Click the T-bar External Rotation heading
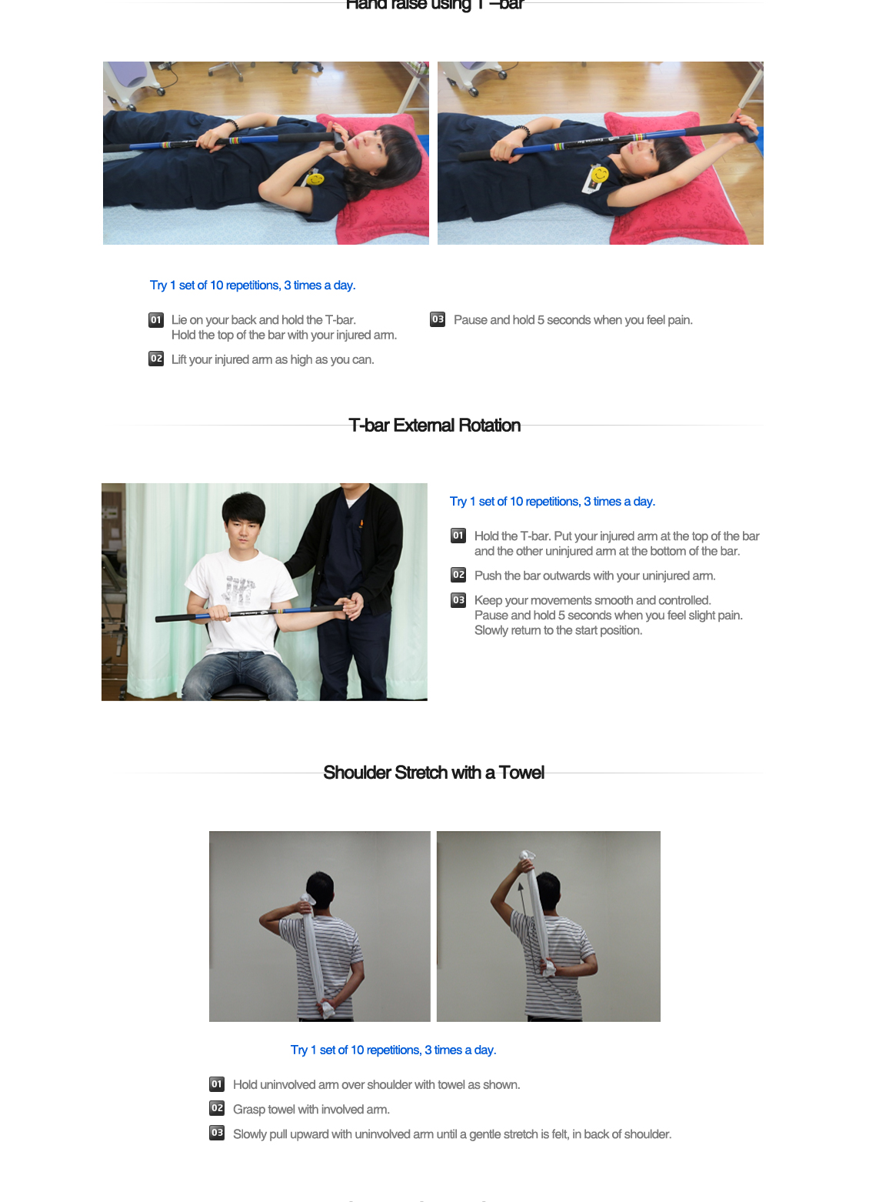(x=434, y=426)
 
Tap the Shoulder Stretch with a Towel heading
(x=434, y=773)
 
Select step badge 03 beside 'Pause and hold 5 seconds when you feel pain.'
(x=438, y=319)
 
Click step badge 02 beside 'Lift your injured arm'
(x=156, y=359)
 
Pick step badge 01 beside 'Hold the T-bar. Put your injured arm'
(x=458, y=536)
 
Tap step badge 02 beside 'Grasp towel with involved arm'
(x=217, y=1108)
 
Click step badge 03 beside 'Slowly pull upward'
(x=217, y=1133)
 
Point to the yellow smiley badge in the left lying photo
(x=315, y=179)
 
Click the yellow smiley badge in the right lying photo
(x=598, y=175)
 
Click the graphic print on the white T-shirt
(x=240, y=589)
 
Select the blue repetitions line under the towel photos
(x=393, y=1050)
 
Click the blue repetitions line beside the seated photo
(x=552, y=502)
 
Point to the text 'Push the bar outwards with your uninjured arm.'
(x=594, y=576)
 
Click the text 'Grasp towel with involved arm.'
(x=311, y=1109)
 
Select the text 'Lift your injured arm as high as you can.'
(x=272, y=359)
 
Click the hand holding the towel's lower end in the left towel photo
(x=328, y=1004)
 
